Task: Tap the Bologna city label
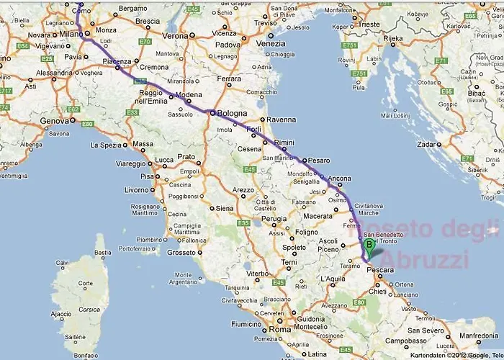[x=232, y=114]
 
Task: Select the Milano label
[x=71, y=34]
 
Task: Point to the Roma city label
[x=279, y=330]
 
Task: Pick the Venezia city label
[x=270, y=43]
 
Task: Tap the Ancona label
[x=339, y=179]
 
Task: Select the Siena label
[x=225, y=208]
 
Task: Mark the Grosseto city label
[x=181, y=253]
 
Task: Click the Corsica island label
[x=89, y=309]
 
